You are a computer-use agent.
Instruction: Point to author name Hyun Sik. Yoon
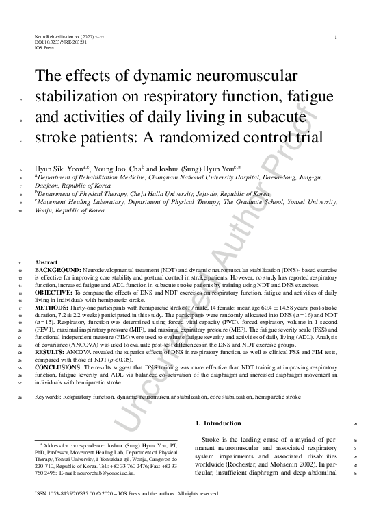(x=59, y=168)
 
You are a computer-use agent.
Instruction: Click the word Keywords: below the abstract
(x=50, y=396)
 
